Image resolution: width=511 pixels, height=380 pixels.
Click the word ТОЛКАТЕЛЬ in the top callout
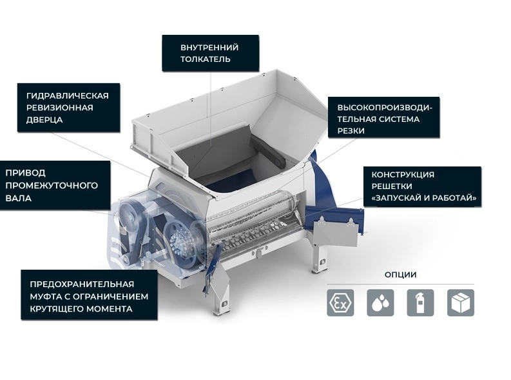pyautogui.click(x=206, y=59)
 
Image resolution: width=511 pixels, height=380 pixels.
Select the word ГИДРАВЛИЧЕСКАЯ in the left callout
pyautogui.click(x=68, y=95)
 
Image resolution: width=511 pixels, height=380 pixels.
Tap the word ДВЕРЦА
pyautogui.click(x=44, y=120)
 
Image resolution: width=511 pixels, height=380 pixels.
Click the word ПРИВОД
pyautogui.click(x=25, y=172)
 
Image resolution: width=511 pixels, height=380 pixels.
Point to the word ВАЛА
pyautogui.click(x=18, y=198)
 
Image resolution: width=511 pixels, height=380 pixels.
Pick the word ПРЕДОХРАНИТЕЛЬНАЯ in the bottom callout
pyautogui.click(x=82, y=284)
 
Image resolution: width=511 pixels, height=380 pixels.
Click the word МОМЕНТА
pyautogui.click(x=109, y=308)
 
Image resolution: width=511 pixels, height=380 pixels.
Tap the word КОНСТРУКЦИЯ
pyautogui.click(x=403, y=174)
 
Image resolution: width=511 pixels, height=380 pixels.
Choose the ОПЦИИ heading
pyautogui.click(x=401, y=275)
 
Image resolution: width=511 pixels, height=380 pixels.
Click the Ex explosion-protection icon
pyautogui.click(x=340, y=303)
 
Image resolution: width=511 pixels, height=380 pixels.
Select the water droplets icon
pyautogui.click(x=380, y=303)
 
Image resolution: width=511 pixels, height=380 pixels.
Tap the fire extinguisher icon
pyautogui.click(x=420, y=303)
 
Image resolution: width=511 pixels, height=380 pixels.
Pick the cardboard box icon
pyautogui.click(x=461, y=303)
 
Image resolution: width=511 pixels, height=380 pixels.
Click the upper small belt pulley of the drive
pyautogui.click(x=129, y=215)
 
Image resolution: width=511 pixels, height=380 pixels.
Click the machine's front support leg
pyautogui.click(x=222, y=294)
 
